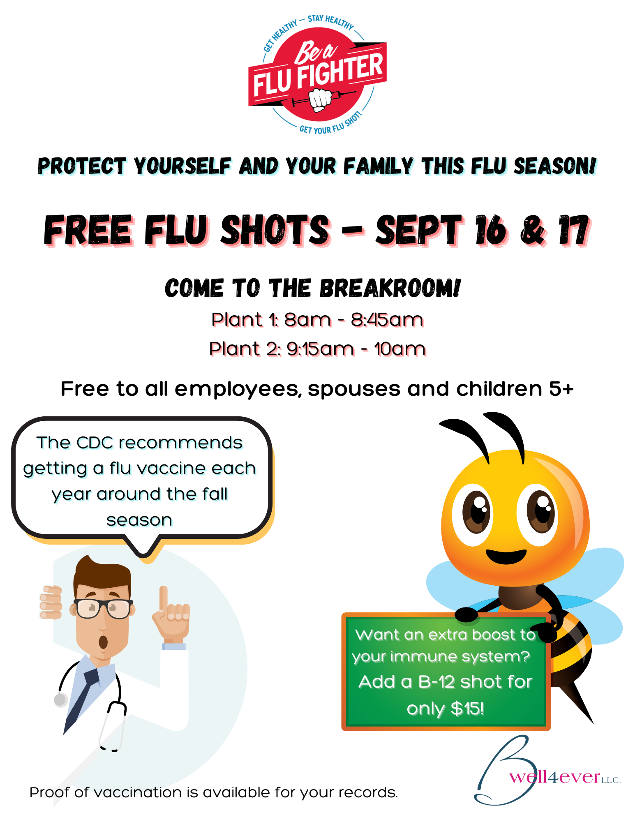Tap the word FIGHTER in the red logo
[341, 70]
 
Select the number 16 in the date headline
[491, 230]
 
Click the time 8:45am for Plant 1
[387, 319]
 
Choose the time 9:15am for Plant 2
[320, 349]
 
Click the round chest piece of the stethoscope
[61, 700]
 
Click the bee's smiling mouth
[506, 556]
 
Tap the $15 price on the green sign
[467, 709]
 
